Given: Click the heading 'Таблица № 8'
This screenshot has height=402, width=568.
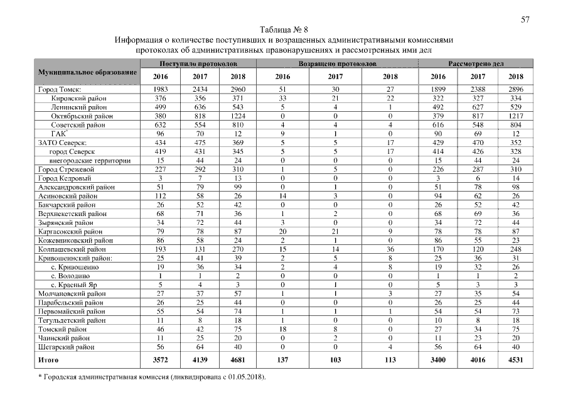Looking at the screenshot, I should pyautogui.click(x=284, y=30).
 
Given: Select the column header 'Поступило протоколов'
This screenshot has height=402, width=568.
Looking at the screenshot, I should pyautogui.click(x=198, y=64).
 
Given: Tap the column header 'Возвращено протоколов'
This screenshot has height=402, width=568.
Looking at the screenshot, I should pyautogui.click(x=337, y=64).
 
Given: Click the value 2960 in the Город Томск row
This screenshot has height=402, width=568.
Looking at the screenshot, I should pyautogui.click(x=237, y=90).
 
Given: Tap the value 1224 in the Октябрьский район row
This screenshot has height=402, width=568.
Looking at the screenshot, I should pyautogui.click(x=237, y=116).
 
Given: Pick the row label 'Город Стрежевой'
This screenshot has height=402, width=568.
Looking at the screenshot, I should pyautogui.click(x=66, y=169).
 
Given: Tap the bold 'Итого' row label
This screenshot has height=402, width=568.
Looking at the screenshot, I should pyautogui.click(x=48, y=361).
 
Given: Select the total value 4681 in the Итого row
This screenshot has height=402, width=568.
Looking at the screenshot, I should pyautogui.click(x=237, y=361).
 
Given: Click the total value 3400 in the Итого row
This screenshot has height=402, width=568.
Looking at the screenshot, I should pyautogui.click(x=436, y=361).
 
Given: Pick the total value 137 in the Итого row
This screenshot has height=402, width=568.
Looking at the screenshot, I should pyautogui.click(x=284, y=361).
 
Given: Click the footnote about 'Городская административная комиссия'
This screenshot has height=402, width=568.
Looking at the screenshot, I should pyautogui.click(x=153, y=376).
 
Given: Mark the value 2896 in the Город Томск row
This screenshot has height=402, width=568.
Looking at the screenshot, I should pyautogui.click(x=515, y=90).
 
